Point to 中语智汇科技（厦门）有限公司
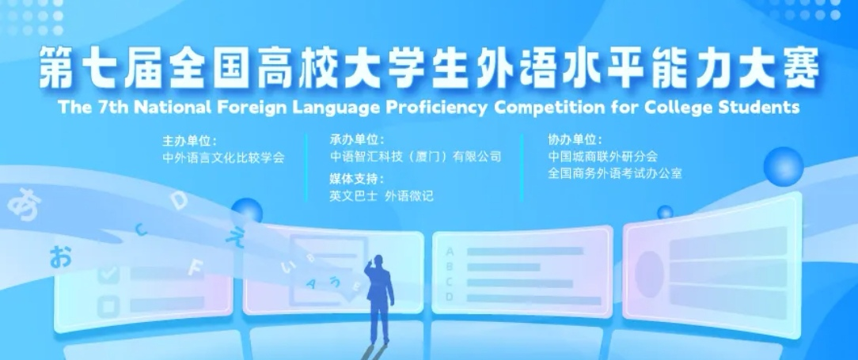[x=416, y=157]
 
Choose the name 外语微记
[x=409, y=196]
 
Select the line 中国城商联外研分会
[x=602, y=157]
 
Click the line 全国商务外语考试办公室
[x=615, y=174]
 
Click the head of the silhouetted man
[x=377, y=262]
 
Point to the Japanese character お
[x=61, y=256]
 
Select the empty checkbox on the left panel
[x=108, y=306]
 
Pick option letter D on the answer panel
[x=450, y=297]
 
